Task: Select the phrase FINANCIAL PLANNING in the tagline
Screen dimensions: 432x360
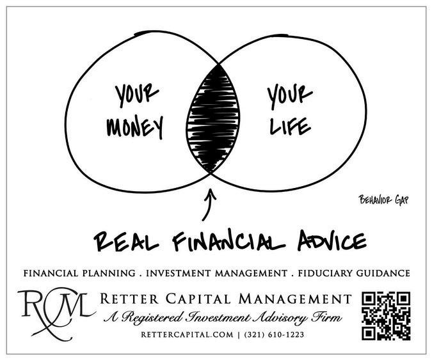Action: (x=78, y=273)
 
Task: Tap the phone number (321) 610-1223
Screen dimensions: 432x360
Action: (x=269, y=333)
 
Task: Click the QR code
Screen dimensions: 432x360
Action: (x=386, y=315)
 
